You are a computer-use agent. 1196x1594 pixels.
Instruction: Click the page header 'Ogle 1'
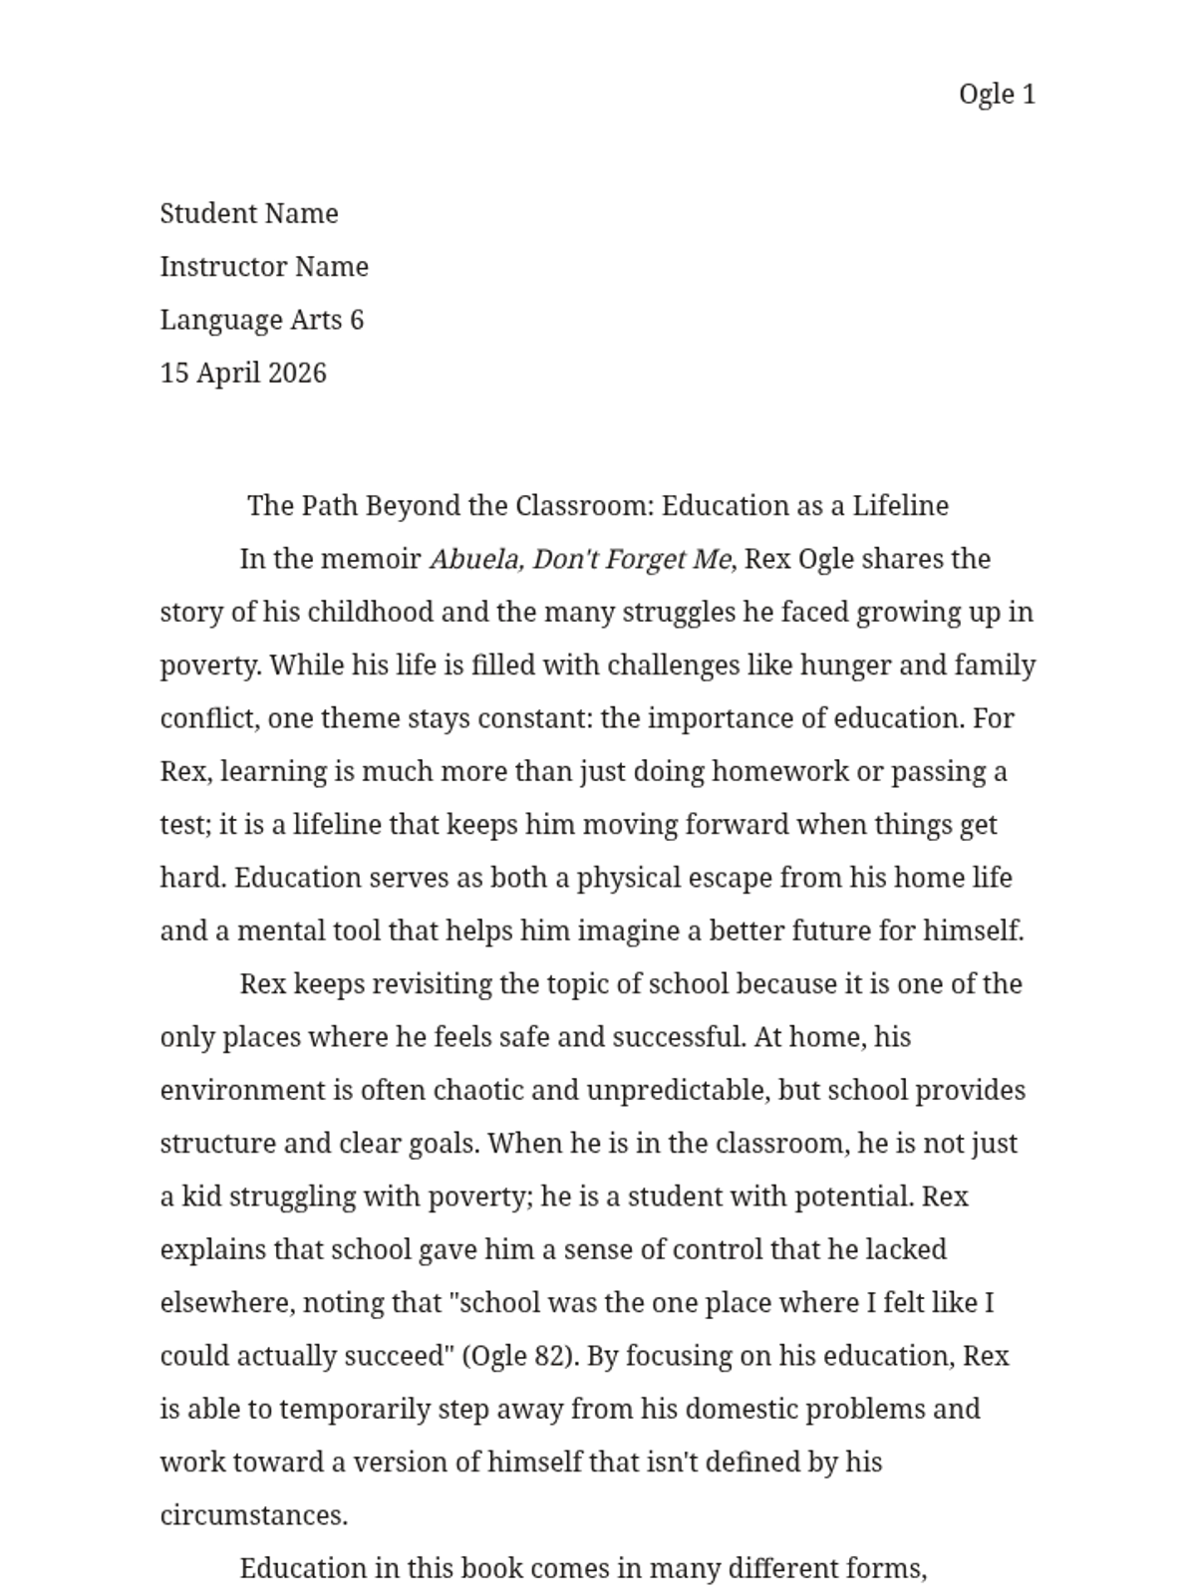(x=997, y=95)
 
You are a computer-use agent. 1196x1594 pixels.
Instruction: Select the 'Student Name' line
(x=249, y=214)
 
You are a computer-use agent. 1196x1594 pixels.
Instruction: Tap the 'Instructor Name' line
(x=264, y=267)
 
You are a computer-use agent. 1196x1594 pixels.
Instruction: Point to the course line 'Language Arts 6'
(x=262, y=320)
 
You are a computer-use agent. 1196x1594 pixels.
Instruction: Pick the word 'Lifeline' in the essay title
(x=900, y=506)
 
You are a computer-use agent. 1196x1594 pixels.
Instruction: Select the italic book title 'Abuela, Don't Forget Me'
(x=581, y=559)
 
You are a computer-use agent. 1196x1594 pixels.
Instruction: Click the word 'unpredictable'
(x=678, y=1091)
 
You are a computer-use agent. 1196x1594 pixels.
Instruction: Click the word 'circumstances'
(x=252, y=1516)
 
